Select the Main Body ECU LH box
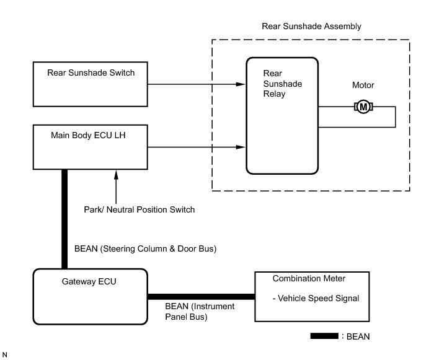coord(91,147)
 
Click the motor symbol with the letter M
coord(364,107)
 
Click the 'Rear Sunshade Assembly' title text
coord(312,27)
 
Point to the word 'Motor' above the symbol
coord(363,86)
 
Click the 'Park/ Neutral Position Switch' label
coord(139,209)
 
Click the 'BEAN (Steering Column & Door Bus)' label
coord(144,248)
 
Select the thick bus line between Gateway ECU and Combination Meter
coord(201,297)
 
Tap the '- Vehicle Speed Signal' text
coord(316,299)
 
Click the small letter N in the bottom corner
coord(4,355)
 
